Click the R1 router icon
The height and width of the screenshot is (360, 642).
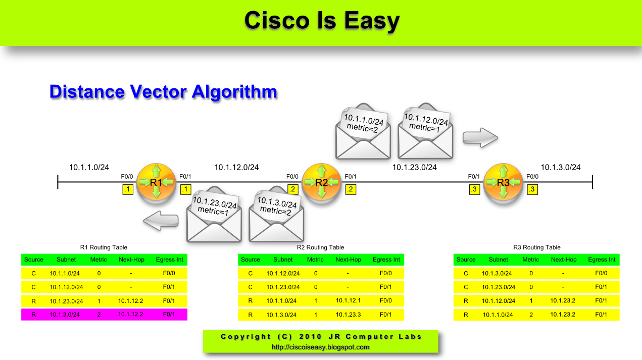pos(156,182)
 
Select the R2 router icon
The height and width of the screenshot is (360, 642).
pos(322,182)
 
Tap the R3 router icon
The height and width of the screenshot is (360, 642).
pos(503,182)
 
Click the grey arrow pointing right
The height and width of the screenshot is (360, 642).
pos(480,137)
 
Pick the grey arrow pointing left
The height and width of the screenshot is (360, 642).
pos(161,220)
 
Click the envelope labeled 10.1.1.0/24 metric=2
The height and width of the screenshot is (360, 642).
pos(363,132)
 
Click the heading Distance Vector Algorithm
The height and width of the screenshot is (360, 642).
pos(163,92)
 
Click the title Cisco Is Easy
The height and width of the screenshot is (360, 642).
pos(322,21)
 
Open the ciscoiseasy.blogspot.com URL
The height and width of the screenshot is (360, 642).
pos(321,347)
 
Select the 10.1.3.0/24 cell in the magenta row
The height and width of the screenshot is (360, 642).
pos(66,315)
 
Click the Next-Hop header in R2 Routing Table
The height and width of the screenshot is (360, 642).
pos(348,260)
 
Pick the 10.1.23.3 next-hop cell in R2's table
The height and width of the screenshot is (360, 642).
pos(348,315)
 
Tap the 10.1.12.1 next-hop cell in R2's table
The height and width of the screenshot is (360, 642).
pos(348,301)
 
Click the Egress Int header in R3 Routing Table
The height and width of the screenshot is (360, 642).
pos(602,260)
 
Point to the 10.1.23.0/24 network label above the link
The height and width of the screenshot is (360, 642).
pos(415,167)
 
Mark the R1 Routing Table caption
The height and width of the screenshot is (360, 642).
pos(104,247)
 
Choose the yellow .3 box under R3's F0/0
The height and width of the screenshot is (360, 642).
pos(531,190)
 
